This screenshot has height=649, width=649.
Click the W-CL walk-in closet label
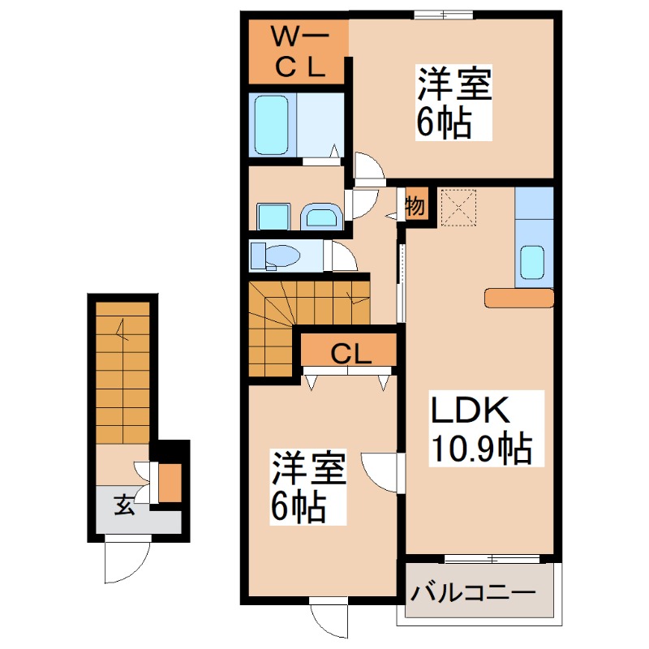pos(299,52)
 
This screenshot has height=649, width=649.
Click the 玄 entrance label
pos(122,505)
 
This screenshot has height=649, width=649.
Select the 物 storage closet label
pos(415,204)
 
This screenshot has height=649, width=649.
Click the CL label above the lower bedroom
pos(350,353)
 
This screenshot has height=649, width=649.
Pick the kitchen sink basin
pos(534,262)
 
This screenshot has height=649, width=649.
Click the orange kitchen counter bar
pos(519,299)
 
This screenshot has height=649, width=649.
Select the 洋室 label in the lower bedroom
pos(309,470)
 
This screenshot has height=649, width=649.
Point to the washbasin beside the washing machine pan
pos(322,217)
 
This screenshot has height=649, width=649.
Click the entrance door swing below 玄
pos(126,560)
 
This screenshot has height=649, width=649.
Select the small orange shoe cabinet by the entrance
pos(170,484)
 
